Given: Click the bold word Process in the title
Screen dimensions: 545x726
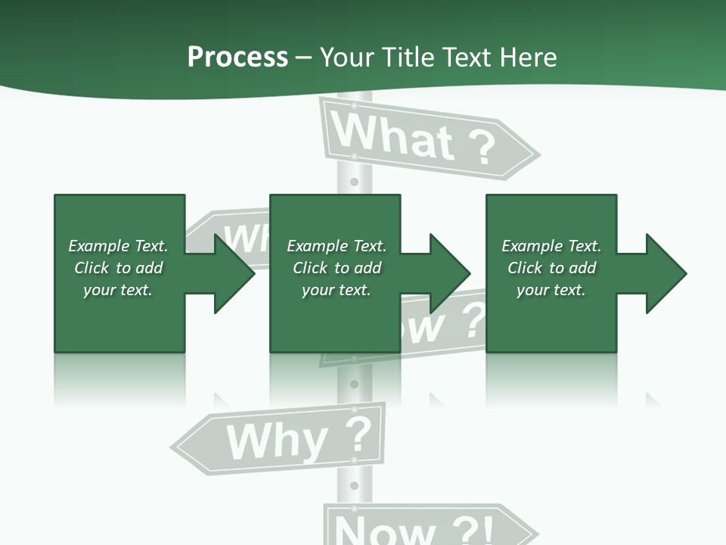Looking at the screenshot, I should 237,58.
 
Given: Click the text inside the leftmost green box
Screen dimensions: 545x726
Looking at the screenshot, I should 118,268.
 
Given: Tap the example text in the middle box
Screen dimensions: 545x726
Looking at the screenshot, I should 337,268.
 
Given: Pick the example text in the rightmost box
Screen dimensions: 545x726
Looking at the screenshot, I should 551,268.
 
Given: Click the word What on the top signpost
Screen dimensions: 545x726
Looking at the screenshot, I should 393,136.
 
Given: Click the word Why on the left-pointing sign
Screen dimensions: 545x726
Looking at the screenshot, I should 275,441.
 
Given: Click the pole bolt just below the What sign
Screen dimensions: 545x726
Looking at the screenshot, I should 353,182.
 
